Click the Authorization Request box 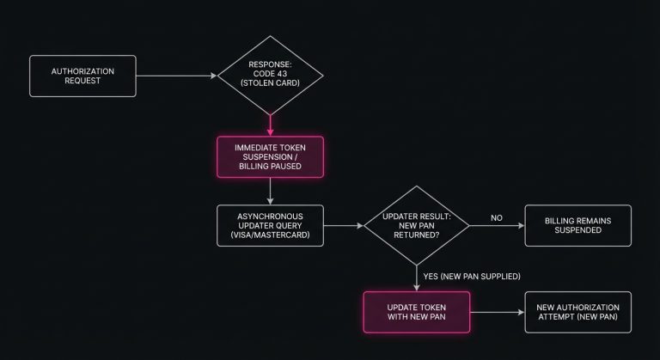pyautogui.click(x=82, y=76)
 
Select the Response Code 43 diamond pyautogui.click(x=271, y=76)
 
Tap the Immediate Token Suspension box pyautogui.click(x=271, y=156)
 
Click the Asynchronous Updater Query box pyautogui.click(x=271, y=226)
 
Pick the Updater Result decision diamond pyautogui.click(x=416, y=226)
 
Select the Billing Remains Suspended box pyautogui.click(x=577, y=226)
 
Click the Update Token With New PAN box pyautogui.click(x=416, y=312)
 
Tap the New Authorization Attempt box pyautogui.click(x=577, y=312)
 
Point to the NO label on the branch pyautogui.click(x=496, y=217)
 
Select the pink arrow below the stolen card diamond pyautogui.click(x=271, y=125)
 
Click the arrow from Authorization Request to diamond pyautogui.click(x=176, y=76)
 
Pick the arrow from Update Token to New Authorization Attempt pyautogui.click(x=496, y=312)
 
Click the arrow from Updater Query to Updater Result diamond pyautogui.click(x=344, y=227)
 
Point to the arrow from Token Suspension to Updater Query pyautogui.click(x=271, y=191)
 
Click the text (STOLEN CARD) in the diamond pyautogui.click(x=271, y=84)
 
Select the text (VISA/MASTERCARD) pyautogui.click(x=271, y=235)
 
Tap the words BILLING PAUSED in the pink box pyautogui.click(x=271, y=166)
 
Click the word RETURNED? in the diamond pyautogui.click(x=416, y=235)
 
